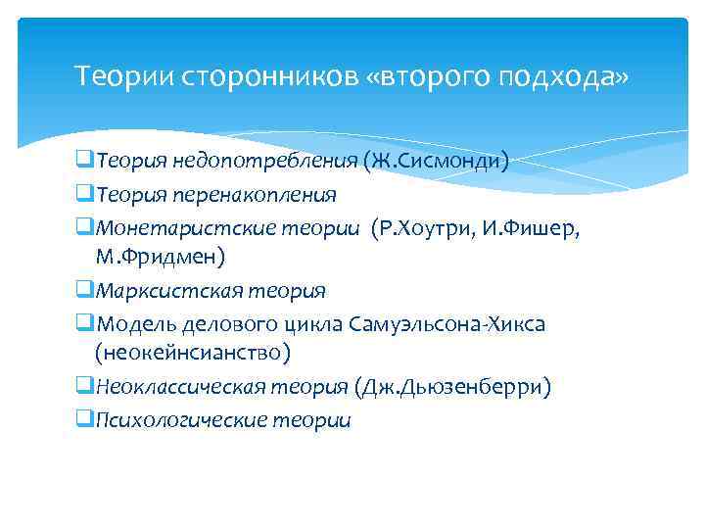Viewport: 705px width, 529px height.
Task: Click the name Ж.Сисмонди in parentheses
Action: pos(436,161)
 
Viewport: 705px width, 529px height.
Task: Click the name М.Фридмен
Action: pos(160,258)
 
